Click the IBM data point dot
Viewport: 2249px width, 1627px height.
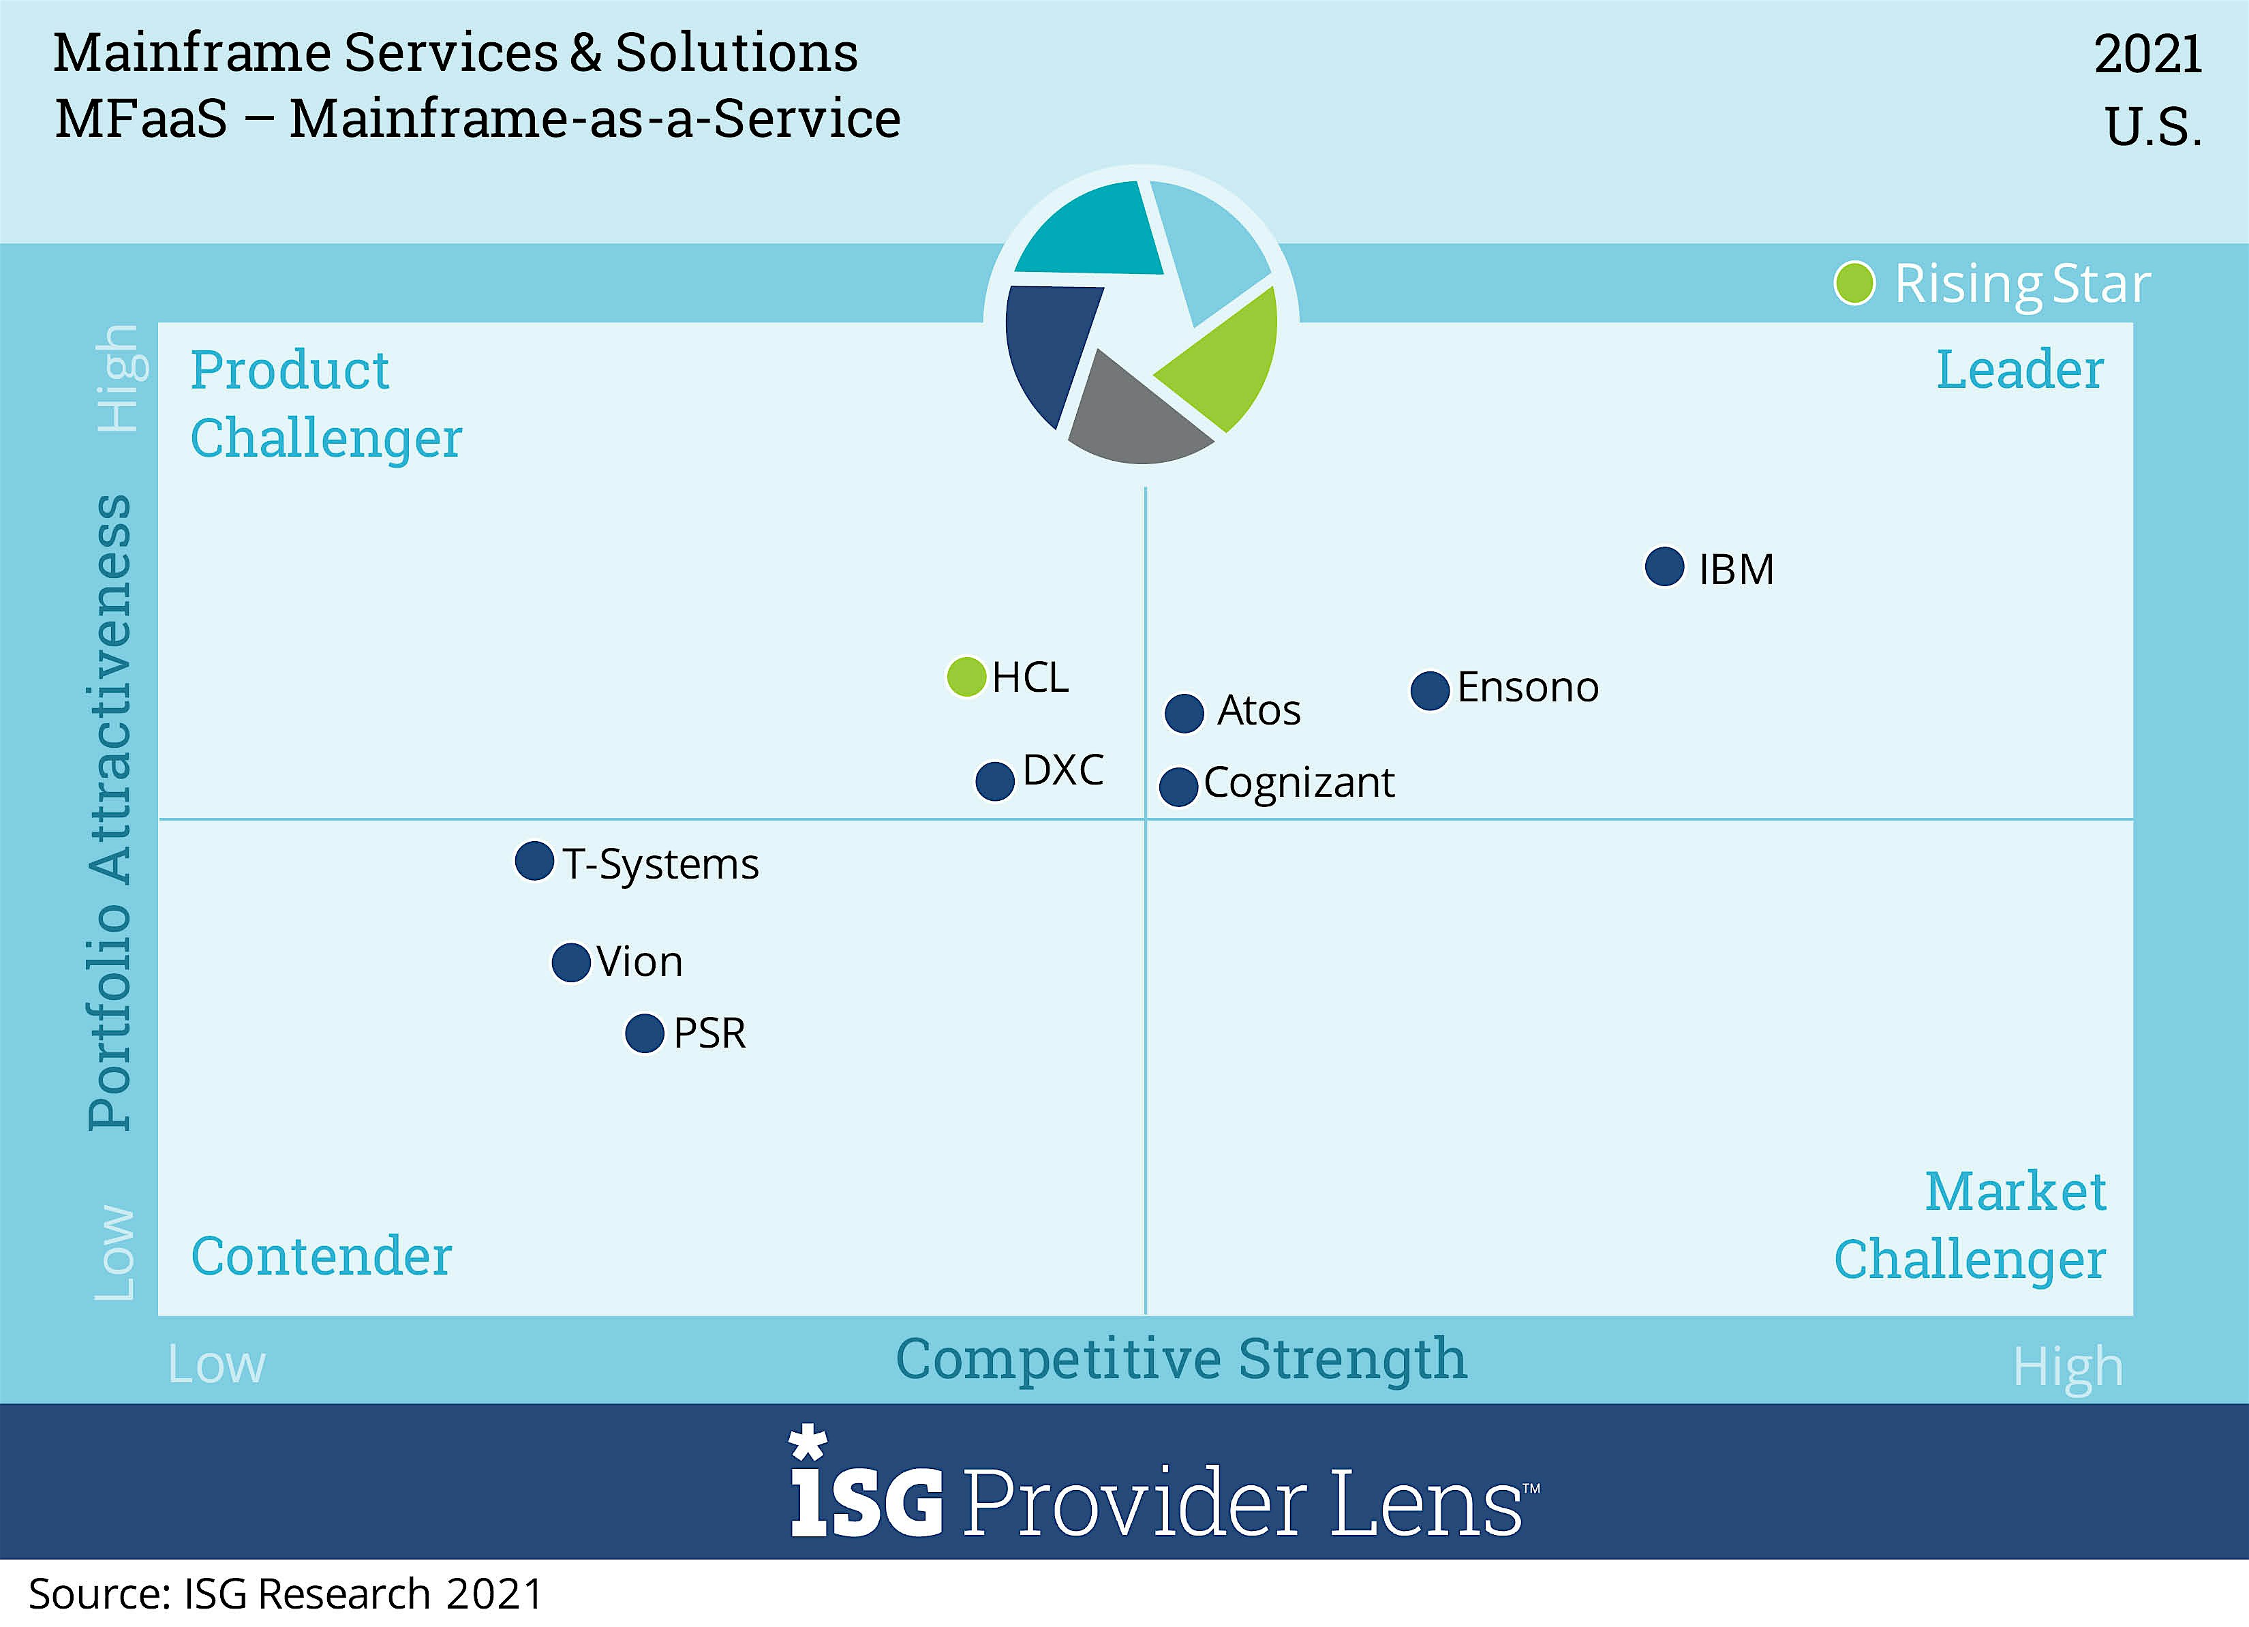coord(1664,567)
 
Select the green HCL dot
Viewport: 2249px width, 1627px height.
coord(966,677)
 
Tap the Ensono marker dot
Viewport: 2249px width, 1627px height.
coord(1430,690)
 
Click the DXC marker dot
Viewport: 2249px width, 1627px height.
coord(994,781)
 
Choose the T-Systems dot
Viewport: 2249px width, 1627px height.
coord(534,861)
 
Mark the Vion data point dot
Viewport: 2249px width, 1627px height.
coord(571,962)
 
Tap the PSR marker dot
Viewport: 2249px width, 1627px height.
coord(645,1033)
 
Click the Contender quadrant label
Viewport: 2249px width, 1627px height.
coord(321,1256)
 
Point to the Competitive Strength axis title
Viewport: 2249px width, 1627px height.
coord(1180,1358)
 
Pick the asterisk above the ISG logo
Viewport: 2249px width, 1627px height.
coord(807,1442)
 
